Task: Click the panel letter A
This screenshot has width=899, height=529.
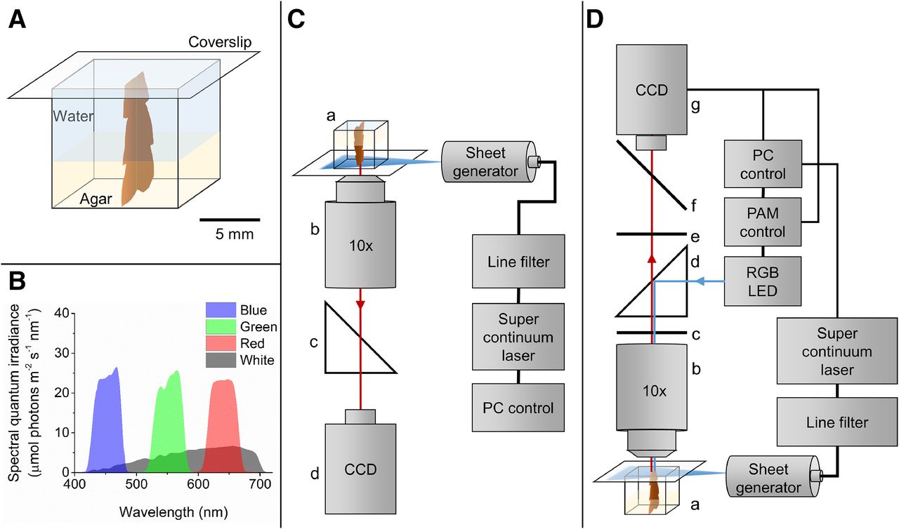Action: (18, 20)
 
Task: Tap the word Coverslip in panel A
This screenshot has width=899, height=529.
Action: (220, 41)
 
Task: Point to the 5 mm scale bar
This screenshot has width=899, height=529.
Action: (229, 220)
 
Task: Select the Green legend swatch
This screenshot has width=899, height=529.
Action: (221, 326)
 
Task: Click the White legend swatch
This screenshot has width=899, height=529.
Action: (221, 360)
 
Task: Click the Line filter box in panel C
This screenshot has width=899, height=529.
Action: (518, 261)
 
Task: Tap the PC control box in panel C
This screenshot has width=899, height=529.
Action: (518, 407)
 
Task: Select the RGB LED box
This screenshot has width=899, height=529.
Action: (762, 281)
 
